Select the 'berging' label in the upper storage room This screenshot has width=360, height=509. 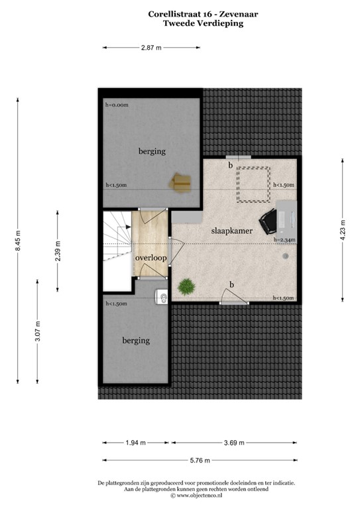point(151,152)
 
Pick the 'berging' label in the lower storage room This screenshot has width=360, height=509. point(135,341)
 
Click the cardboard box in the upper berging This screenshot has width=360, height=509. point(180,182)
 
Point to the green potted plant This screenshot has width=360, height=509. point(186,286)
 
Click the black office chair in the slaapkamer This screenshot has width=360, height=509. point(269,220)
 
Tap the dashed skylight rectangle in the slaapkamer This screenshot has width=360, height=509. point(254,183)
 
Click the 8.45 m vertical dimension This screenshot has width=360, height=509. point(19,239)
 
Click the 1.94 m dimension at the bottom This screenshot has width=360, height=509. point(135,443)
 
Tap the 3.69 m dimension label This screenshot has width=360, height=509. point(233,443)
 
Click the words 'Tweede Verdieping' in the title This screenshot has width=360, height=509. point(203,23)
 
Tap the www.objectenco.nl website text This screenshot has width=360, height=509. point(202,495)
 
